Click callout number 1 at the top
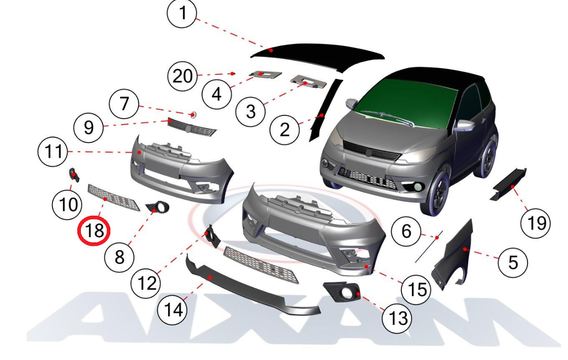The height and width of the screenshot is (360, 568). pos(182,13)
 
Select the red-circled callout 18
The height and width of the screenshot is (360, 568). pos(94,231)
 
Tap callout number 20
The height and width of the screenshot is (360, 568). pos(182,76)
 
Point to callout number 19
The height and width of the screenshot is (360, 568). pos(535,223)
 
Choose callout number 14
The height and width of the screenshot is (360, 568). pos(172,310)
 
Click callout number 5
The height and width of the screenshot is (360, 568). pos(513,263)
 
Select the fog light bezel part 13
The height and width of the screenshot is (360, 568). pos(342,291)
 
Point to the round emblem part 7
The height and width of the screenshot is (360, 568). pos(193,115)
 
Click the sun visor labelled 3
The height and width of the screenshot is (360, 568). pos(308,82)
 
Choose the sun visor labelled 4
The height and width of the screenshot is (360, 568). pos(265,74)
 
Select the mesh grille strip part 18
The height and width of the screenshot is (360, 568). pos(113,198)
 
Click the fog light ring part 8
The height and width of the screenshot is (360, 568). pos(158,206)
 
